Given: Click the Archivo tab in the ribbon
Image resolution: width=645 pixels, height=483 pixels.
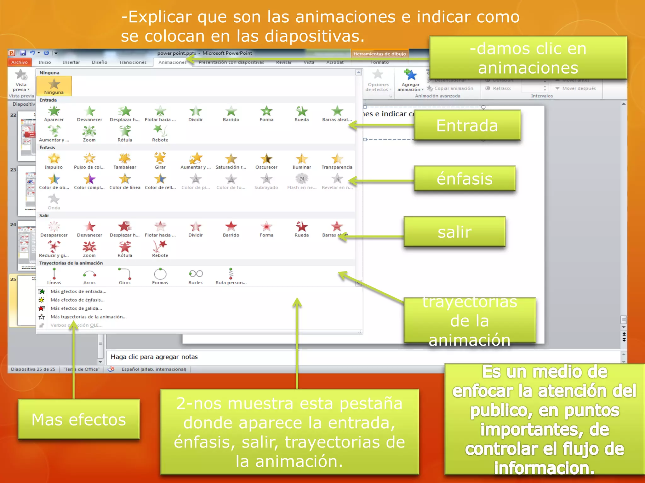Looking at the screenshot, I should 20,62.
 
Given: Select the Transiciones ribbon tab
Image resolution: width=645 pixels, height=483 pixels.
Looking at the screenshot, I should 133,62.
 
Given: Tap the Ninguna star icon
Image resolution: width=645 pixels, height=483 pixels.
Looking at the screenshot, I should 54,84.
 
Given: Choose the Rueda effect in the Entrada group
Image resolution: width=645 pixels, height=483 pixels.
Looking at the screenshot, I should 301,111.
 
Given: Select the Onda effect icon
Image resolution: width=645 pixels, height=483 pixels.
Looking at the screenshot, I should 54,199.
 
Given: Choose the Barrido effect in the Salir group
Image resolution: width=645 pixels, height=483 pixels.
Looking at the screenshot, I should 231,227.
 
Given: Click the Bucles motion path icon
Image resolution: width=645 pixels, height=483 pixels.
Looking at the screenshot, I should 195,274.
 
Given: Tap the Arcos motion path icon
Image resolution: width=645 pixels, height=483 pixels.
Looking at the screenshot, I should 89,274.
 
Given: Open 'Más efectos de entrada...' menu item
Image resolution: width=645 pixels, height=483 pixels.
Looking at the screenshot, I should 78,291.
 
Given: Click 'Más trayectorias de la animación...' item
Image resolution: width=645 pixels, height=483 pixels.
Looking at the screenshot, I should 88,317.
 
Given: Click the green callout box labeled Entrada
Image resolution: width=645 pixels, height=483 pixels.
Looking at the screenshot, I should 467,125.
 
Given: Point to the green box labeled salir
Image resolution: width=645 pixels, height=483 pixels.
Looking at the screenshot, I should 454,232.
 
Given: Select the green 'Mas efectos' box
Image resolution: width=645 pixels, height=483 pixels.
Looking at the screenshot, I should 79,419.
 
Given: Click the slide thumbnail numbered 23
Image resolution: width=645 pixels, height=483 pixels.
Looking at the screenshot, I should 27,191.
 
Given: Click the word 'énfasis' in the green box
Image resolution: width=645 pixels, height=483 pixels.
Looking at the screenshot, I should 465,179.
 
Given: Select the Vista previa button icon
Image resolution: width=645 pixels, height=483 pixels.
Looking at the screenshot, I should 21,75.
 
